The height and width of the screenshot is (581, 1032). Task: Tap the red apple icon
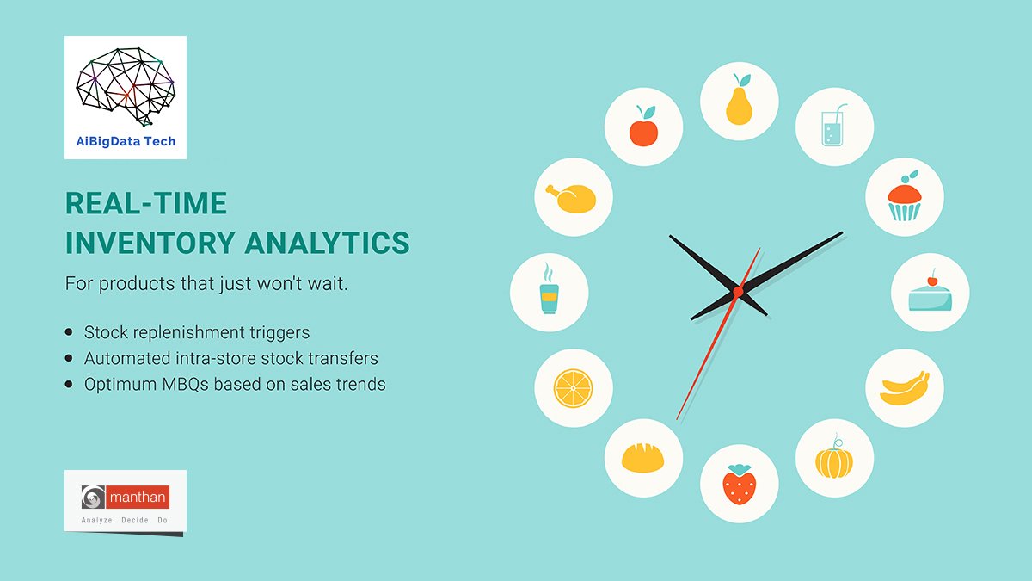pos(643,128)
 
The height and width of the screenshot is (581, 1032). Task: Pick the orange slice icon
pos(573,388)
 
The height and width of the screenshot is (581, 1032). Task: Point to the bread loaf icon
pos(643,458)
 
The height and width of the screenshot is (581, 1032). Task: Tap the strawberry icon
pos(739,484)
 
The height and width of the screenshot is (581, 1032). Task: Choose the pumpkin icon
pos(833,459)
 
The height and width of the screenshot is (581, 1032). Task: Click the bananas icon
pos(904,388)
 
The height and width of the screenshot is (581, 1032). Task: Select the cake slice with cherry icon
pos(930,293)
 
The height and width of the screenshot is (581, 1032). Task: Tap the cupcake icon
pos(904,198)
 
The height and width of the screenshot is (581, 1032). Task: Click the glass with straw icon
pos(833,127)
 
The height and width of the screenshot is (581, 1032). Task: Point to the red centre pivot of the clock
pos(737,293)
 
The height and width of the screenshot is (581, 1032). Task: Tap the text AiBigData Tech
pos(126,141)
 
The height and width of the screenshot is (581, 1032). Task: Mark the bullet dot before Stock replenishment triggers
pos(70,332)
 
